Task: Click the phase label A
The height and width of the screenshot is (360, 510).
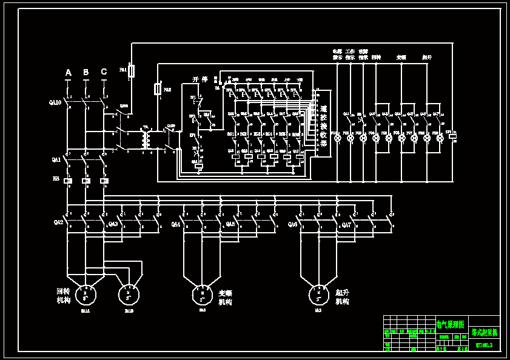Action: click(68, 73)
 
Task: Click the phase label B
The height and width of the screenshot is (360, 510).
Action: click(86, 73)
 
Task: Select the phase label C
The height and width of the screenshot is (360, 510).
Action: click(104, 72)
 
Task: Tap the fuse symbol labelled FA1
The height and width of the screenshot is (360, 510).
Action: click(132, 71)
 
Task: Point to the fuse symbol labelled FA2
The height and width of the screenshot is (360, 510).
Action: click(159, 89)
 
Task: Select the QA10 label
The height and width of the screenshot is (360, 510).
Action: click(55, 102)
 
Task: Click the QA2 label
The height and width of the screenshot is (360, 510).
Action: click(58, 222)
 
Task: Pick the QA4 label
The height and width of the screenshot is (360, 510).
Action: click(176, 224)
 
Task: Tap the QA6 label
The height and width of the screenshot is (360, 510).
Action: click(292, 224)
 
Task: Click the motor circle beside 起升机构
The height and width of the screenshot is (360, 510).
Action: click(318, 295)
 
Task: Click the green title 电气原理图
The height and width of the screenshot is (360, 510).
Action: click(451, 325)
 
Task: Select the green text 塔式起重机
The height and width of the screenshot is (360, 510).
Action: click(485, 332)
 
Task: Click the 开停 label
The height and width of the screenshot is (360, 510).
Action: click(200, 79)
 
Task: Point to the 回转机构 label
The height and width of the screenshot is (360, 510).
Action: click(63, 295)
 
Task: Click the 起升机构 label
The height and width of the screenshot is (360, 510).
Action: click(343, 296)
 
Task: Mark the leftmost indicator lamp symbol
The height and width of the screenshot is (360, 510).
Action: click(338, 138)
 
